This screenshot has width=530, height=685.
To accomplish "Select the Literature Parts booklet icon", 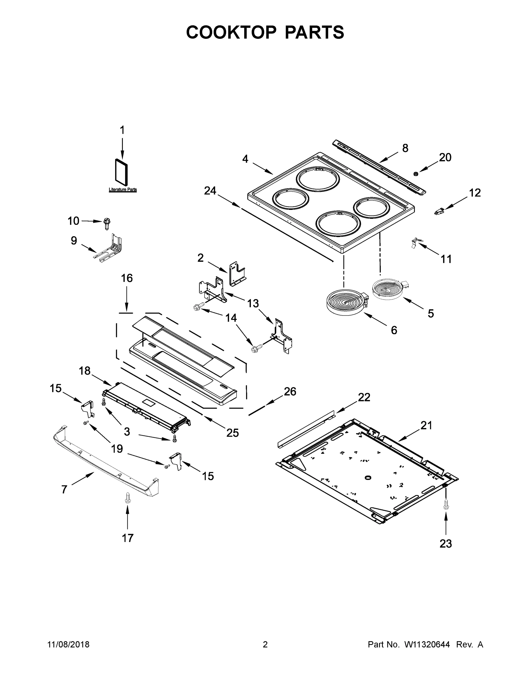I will (122, 172).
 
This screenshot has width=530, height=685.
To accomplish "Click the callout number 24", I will (210, 190).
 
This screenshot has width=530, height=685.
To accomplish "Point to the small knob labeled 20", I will (416, 174).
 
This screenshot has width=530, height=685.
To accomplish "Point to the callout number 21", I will (426, 425).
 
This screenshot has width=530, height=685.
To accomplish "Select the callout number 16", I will (127, 278).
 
